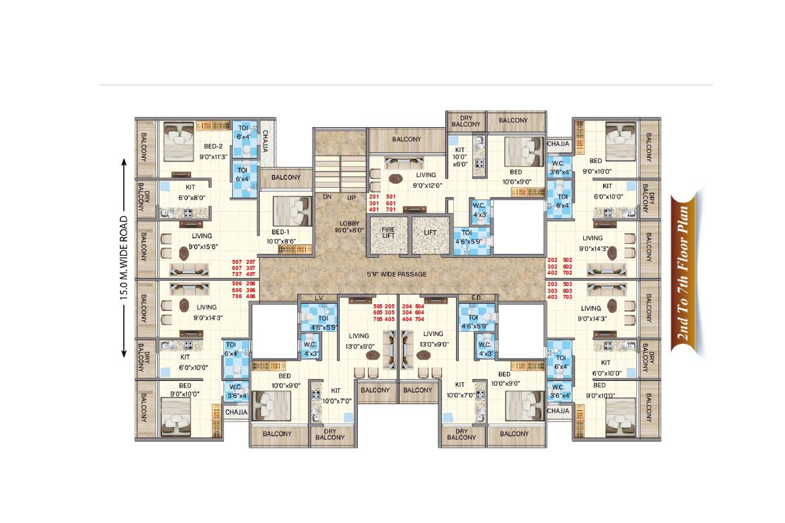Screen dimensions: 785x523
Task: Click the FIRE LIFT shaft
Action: click(x=388, y=235)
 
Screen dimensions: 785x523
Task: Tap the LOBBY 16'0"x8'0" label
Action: click(x=349, y=227)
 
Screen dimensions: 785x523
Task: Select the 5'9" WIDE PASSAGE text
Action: click(x=396, y=274)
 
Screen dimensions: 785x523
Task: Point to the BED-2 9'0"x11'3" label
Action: click(x=213, y=151)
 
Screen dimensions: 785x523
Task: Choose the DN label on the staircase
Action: click(x=327, y=197)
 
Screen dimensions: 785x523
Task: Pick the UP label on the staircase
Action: click(x=351, y=197)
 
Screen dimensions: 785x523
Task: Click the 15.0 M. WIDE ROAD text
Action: click(x=124, y=258)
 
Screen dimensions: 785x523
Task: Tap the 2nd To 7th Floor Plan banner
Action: click(x=684, y=273)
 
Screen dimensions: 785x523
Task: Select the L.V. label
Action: click(x=319, y=298)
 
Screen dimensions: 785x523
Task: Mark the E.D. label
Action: click(x=477, y=298)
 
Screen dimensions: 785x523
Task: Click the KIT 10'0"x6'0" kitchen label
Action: click(x=460, y=157)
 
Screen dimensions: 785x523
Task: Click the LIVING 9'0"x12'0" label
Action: click(x=426, y=180)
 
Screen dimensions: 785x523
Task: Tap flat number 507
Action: click(x=237, y=262)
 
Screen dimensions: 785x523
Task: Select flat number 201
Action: click(x=374, y=197)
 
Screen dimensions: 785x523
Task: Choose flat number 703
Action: click(x=567, y=297)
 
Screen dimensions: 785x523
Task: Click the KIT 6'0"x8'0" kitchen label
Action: click(x=191, y=193)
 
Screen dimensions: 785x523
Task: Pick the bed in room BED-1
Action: click(x=293, y=211)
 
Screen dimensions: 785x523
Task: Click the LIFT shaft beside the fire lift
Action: click(x=430, y=235)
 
